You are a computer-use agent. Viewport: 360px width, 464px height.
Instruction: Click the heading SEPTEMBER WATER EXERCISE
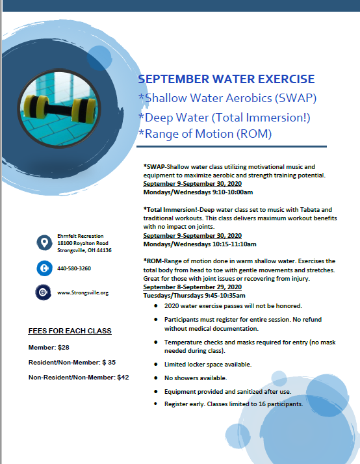[226, 79]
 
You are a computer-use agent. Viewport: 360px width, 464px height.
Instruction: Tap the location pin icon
[44, 243]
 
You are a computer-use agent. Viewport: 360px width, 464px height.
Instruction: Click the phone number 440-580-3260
[73, 268]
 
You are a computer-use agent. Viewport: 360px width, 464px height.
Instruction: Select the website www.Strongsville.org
[83, 292]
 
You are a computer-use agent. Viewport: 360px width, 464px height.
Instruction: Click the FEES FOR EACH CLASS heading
[70, 331]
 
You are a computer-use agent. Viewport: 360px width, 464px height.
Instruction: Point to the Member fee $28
[49, 346]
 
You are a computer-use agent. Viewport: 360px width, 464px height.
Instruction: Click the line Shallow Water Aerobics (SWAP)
[227, 98]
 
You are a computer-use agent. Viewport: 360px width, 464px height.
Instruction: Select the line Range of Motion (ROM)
[204, 134]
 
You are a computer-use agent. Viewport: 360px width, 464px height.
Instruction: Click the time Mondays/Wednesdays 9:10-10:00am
[198, 192]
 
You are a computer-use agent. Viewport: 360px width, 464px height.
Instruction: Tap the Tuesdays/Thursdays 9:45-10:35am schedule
[194, 295]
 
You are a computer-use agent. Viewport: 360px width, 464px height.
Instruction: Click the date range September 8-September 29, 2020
[192, 287]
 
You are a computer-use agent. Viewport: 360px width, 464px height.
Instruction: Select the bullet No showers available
[195, 378]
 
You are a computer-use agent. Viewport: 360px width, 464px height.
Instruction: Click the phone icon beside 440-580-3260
[44, 268]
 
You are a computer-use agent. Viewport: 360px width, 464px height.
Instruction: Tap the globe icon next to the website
[44, 292]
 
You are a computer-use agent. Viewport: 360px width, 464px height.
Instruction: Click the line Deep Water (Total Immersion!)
[224, 117]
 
